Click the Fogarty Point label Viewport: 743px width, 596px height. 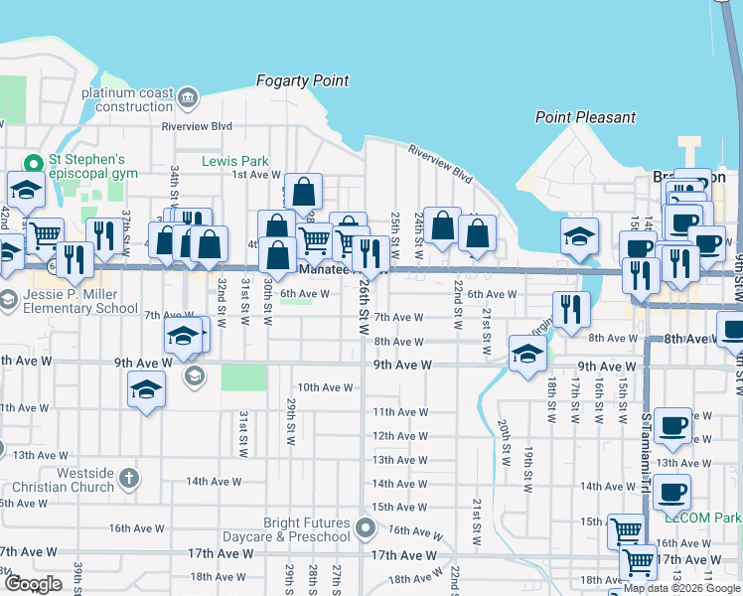coord(303,80)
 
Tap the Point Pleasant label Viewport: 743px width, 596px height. coord(585,117)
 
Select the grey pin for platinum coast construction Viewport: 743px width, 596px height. coord(189,97)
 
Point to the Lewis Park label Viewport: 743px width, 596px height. coord(235,161)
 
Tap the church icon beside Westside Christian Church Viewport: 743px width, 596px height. coord(128,480)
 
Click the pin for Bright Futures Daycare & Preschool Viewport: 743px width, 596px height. coord(367,528)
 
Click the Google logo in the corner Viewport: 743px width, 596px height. coord(33,584)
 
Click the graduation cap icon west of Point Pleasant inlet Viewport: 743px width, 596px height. coord(579,236)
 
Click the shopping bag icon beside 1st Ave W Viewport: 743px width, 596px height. coord(304,191)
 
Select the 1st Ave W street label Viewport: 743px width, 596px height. coord(256,175)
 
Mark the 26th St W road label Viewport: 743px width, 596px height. coord(365,300)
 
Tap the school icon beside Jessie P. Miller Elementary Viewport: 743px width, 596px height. coord(7,300)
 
